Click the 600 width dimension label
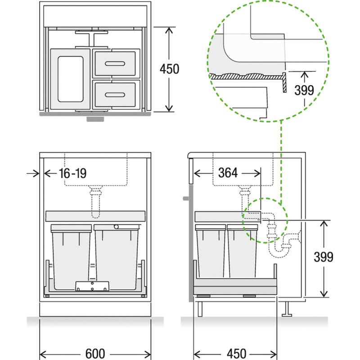coord(95,354)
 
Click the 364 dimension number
coord(228,173)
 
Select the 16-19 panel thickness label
coord(72,173)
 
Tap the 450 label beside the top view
coord(170,69)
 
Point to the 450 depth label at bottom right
coord(237,354)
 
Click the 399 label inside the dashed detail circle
coord(304,90)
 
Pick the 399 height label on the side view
coord(323,257)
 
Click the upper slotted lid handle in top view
coord(115,63)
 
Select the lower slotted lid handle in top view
coord(115,94)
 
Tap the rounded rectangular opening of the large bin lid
coord(71,79)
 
